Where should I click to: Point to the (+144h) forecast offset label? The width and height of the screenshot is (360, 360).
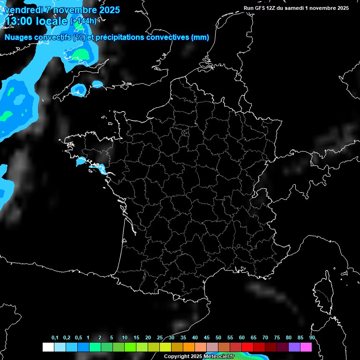(x=83, y=21)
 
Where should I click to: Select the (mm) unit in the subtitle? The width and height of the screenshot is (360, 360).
(x=200, y=37)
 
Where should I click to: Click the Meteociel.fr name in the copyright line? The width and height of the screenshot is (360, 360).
(x=219, y=356)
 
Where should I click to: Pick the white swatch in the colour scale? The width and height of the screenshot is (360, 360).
(x=48, y=347)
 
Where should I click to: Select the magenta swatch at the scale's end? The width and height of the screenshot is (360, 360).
(x=306, y=347)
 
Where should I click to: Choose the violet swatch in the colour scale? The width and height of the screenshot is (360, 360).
(x=294, y=347)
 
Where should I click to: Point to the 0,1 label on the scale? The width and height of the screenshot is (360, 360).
(x=55, y=338)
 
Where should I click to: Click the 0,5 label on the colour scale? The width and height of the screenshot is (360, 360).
(x=78, y=338)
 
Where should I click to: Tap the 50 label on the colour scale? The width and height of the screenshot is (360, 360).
(x=218, y=338)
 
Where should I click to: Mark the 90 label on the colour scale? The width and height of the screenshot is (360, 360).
(x=312, y=338)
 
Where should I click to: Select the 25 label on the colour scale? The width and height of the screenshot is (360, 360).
(x=160, y=338)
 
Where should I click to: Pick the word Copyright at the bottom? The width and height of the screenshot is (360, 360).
(x=177, y=356)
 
